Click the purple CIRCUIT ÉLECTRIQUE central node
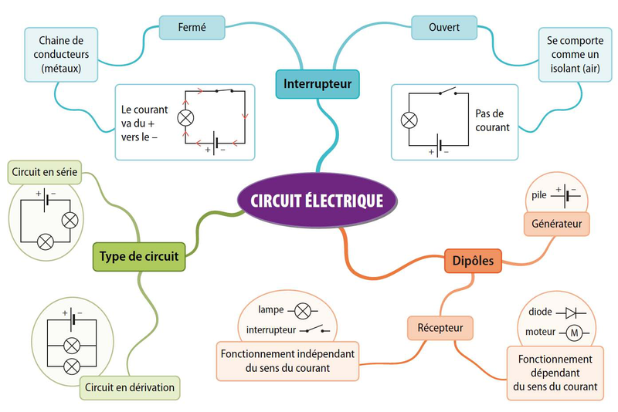317,201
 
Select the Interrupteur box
317,83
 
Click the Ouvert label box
444,28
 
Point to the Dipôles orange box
473,261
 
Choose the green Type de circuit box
139,256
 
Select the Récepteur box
440,328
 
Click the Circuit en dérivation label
130,387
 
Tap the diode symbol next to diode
572,312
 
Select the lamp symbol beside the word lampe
303,311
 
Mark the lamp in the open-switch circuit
409,120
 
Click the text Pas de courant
492,120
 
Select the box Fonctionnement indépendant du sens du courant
287,360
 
